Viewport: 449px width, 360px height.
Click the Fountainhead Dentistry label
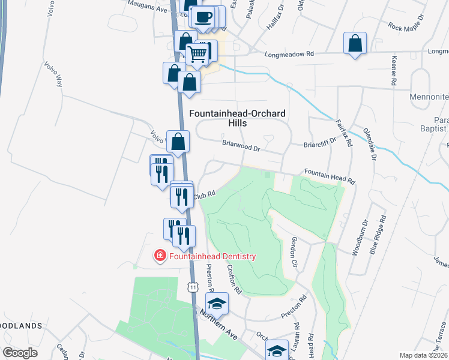(212, 256)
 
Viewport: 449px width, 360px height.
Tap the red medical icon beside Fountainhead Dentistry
(160, 256)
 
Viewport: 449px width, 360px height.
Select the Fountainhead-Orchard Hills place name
(237, 118)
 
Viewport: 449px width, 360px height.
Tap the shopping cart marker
(197, 55)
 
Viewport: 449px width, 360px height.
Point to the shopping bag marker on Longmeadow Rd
(355, 43)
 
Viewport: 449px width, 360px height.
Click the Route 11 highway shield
(193, 287)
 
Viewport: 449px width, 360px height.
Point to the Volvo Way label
(53, 73)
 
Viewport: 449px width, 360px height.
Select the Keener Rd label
(394, 70)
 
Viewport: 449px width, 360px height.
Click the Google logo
(20, 353)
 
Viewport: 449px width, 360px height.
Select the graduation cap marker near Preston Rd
(217, 302)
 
